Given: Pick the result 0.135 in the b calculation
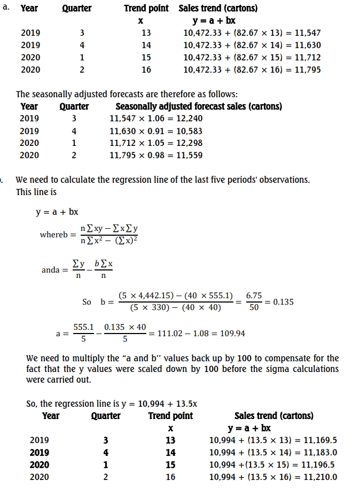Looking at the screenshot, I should point(283,301).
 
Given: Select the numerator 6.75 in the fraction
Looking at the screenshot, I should point(254,296).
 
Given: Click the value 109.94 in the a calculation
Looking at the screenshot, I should point(232,334).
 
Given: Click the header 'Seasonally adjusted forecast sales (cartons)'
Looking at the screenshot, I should point(199,106).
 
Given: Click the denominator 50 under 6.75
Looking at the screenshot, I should point(254,308).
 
